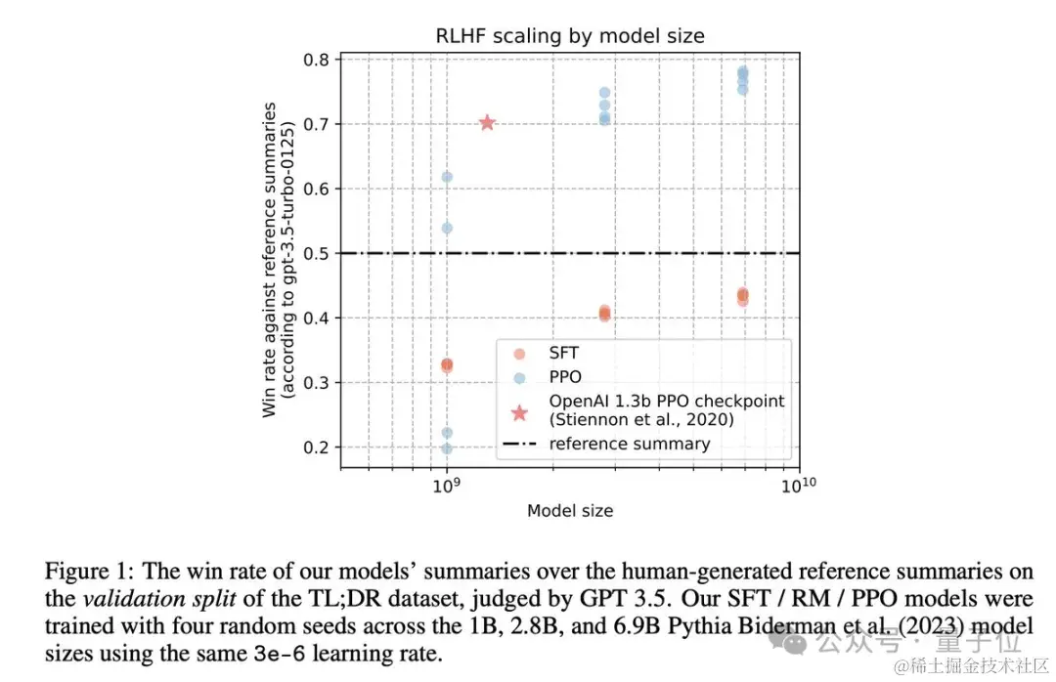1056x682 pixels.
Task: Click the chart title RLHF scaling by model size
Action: (x=570, y=36)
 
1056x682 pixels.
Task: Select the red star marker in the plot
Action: (x=487, y=122)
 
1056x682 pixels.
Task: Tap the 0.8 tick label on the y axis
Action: (x=315, y=60)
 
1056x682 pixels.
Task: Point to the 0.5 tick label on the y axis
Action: (x=315, y=253)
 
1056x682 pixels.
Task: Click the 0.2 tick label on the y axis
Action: (x=315, y=448)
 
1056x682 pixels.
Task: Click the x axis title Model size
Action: (x=570, y=510)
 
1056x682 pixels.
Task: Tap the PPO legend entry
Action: (x=565, y=376)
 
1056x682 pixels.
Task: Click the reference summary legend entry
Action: (x=629, y=444)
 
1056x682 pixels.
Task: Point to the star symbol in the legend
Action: (x=518, y=412)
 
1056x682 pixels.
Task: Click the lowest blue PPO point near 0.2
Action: (x=447, y=448)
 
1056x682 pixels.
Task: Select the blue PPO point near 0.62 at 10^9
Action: (x=447, y=177)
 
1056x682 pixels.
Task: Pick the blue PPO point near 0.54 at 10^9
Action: (x=447, y=228)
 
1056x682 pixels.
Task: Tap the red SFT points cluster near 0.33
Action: (x=447, y=365)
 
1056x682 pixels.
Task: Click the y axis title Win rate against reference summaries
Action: (x=271, y=259)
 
